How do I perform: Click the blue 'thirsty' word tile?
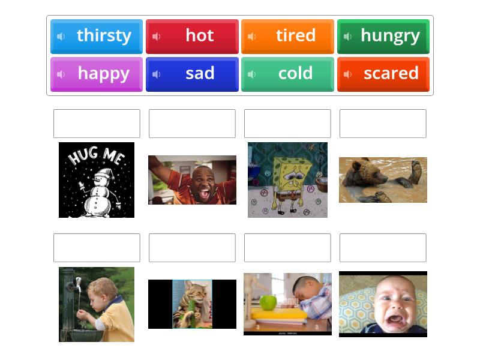pos(97,36)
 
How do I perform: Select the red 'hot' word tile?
pos(192,36)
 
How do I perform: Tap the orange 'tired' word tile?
pos(287,36)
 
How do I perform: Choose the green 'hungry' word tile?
pos(383,36)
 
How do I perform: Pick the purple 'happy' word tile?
pos(97,74)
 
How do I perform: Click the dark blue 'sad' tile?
pos(192,74)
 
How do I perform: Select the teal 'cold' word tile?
pos(287,74)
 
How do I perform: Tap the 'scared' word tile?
pos(383,74)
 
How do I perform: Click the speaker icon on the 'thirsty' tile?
pos(61,37)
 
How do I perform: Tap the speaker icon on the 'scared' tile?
pos(347,74)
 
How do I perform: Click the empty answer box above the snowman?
pos(97,124)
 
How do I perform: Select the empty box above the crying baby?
pos(383,248)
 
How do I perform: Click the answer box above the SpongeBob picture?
pos(287,124)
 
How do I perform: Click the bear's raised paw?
pos(415,165)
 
